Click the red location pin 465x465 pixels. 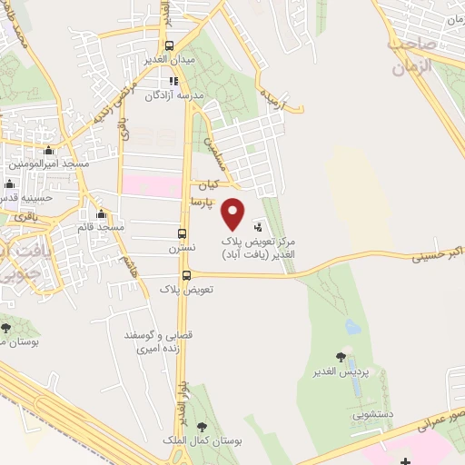click(x=233, y=213)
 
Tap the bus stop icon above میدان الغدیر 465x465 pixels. click(x=169, y=46)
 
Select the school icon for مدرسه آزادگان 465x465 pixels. click(x=173, y=82)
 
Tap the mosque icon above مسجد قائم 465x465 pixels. click(x=100, y=214)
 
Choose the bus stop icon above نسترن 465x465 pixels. click(x=183, y=232)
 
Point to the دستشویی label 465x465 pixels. click(x=375, y=414)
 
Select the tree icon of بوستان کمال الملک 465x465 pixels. click(x=202, y=426)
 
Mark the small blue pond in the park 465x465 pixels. click(x=352, y=326)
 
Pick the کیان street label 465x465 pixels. click(x=212, y=183)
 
